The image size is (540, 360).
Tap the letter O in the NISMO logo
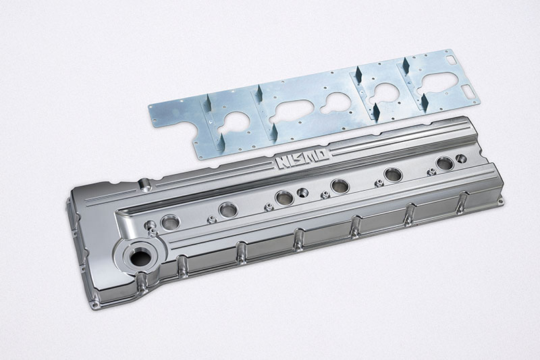[x=321, y=153]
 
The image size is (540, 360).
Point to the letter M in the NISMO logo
[x=309, y=157]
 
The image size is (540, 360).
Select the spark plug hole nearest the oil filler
[x=171, y=222]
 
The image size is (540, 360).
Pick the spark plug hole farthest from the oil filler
[x=445, y=163]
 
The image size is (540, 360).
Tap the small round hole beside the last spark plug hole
[x=461, y=159]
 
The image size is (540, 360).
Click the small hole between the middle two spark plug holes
[x=303, y=192]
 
